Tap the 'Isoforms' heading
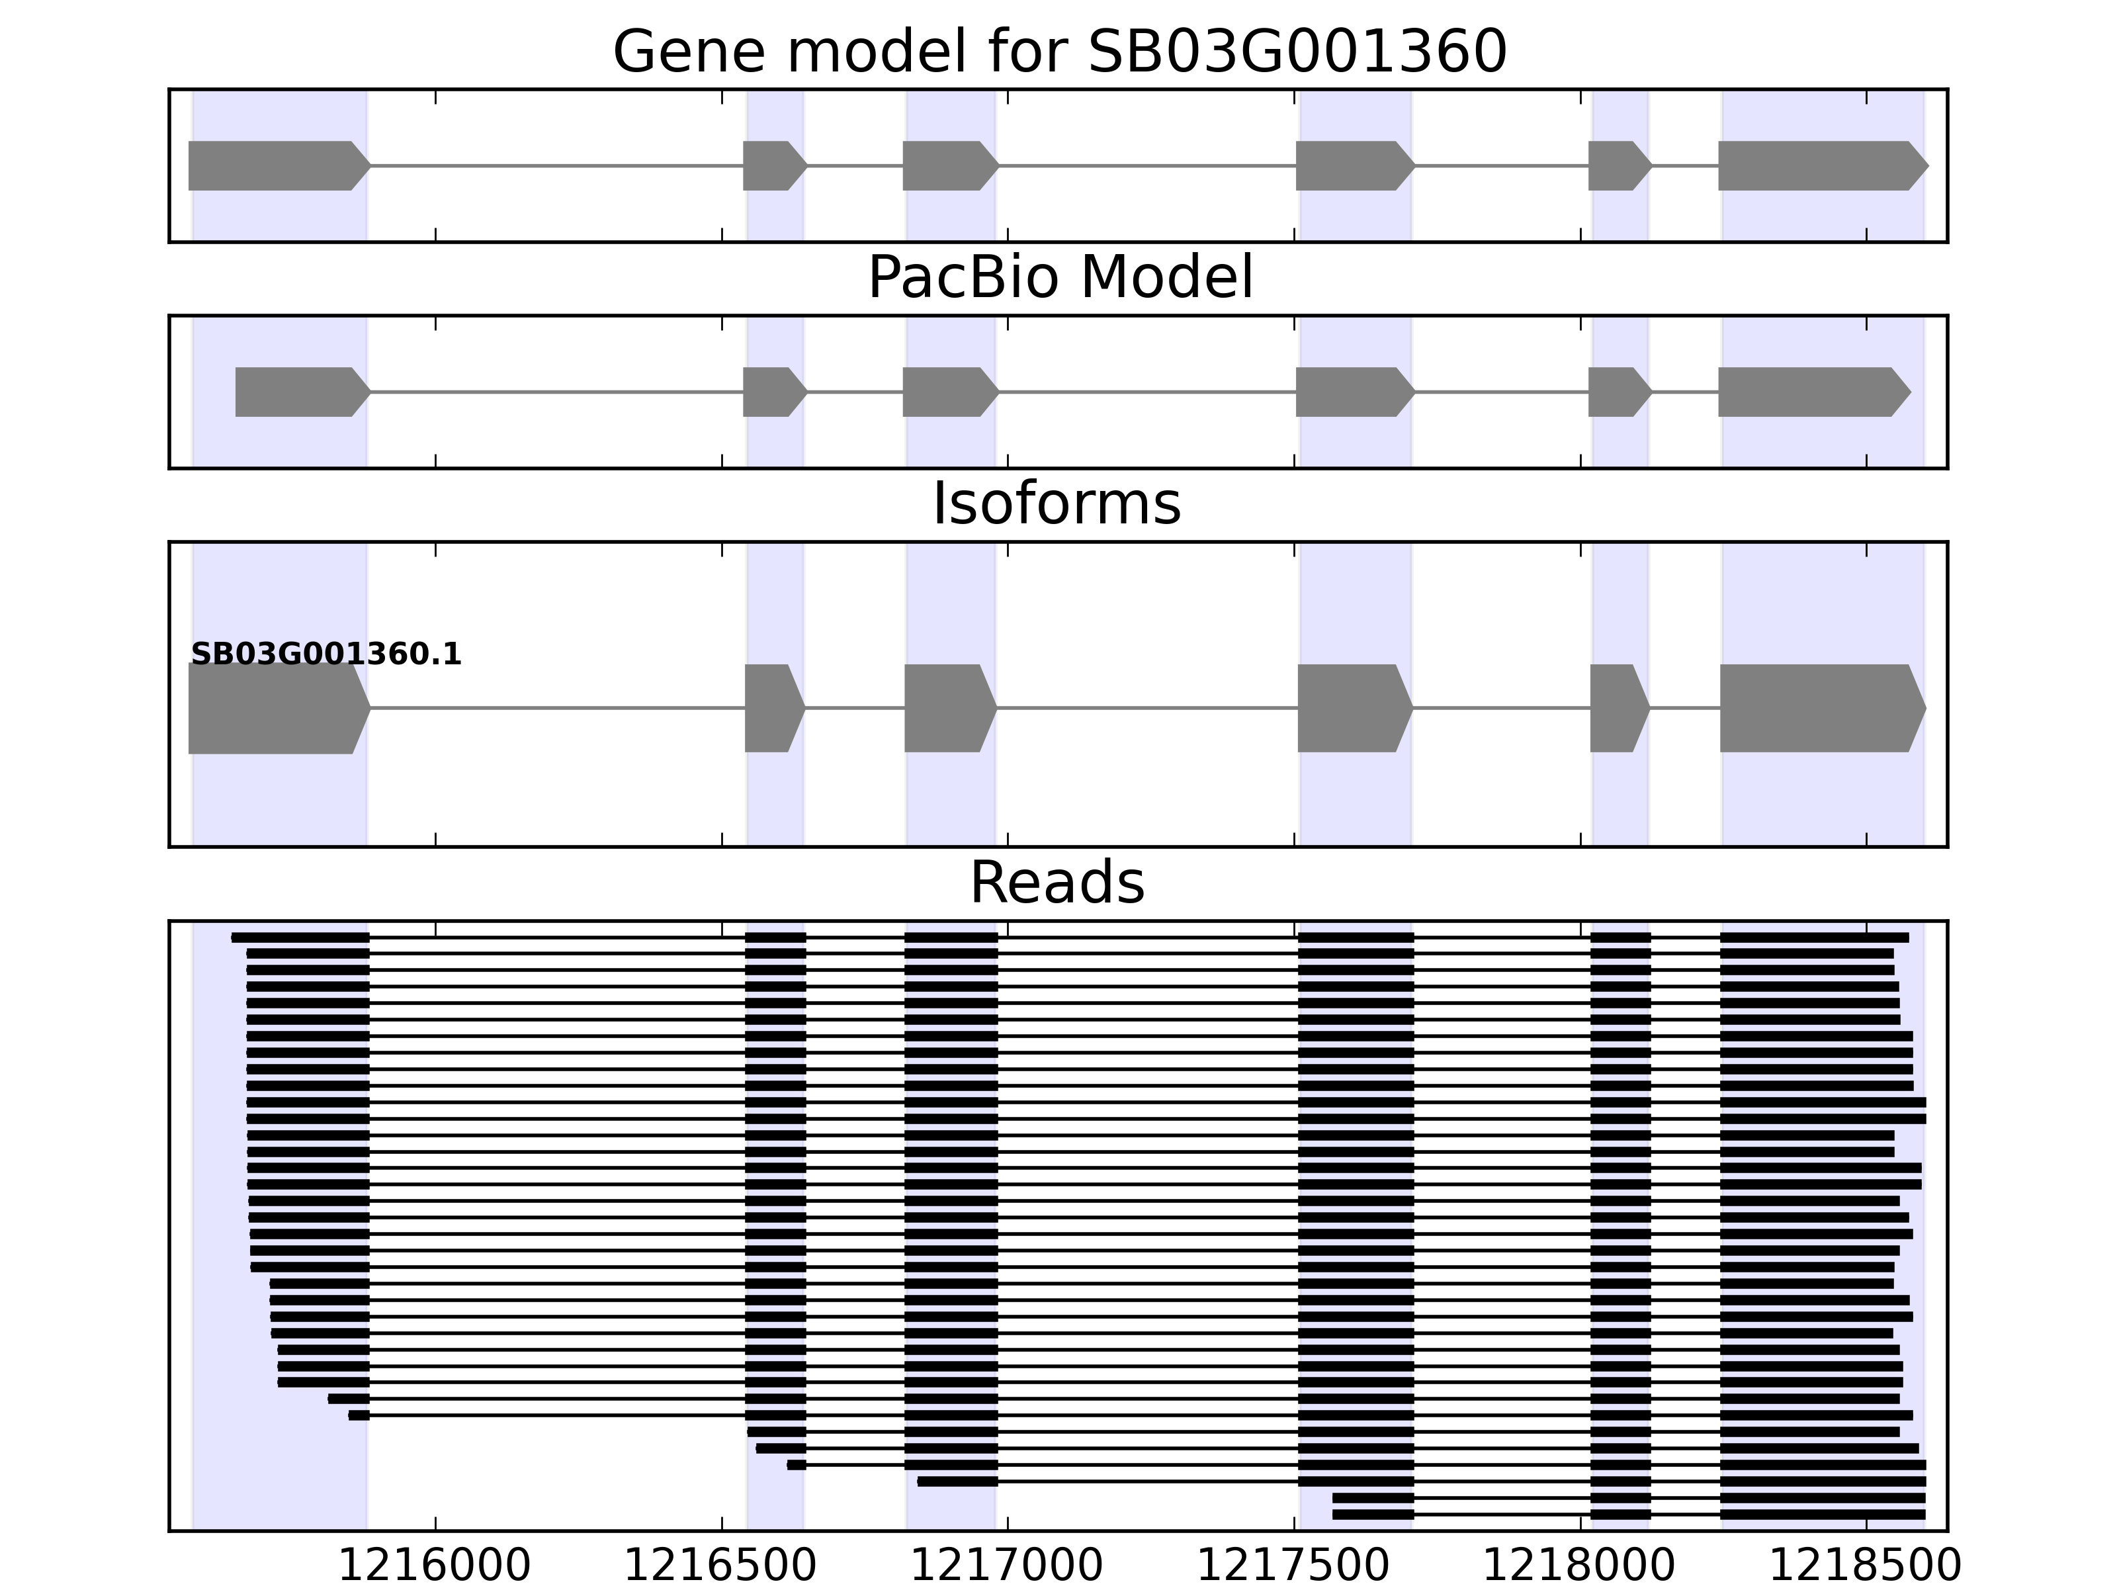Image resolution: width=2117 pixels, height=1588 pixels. (1057, 504)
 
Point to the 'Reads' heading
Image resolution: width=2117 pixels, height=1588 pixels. (1057, 883)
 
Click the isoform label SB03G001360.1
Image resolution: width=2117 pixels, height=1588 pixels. (326, 655)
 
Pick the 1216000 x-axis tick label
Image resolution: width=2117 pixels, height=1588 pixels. (435, 1566)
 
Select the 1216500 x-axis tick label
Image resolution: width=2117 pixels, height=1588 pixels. (720, 1566)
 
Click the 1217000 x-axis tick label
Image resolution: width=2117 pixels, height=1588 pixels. (1007, 1566)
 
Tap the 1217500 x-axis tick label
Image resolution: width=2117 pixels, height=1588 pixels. (1293, 1566)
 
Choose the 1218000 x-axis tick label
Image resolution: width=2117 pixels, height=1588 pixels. (1579, 1566)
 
